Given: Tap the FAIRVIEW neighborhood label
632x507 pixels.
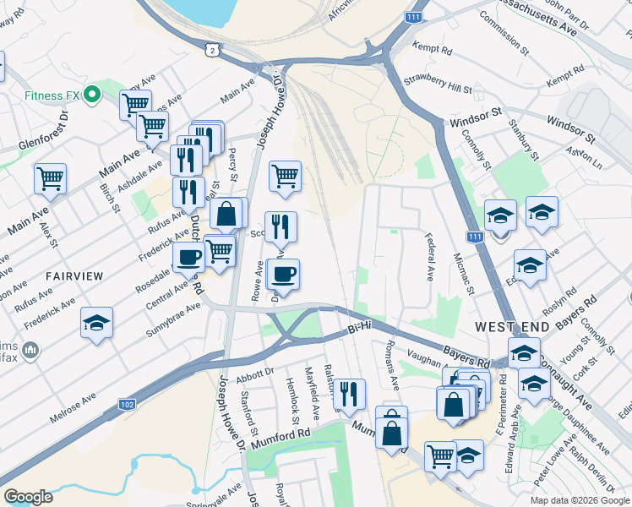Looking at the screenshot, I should [x=74, y=276].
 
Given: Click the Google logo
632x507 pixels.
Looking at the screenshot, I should [x=28, y=497].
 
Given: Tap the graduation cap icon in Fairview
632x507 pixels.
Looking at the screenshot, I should [x=97, y=323].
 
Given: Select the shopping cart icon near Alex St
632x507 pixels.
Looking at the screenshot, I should [x=50, y=178].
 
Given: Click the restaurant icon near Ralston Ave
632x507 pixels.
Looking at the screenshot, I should [x=347, y=393].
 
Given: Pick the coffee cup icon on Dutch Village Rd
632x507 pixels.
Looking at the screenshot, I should [x=188, y=256].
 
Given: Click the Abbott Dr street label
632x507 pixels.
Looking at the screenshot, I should [x=257, y=370].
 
